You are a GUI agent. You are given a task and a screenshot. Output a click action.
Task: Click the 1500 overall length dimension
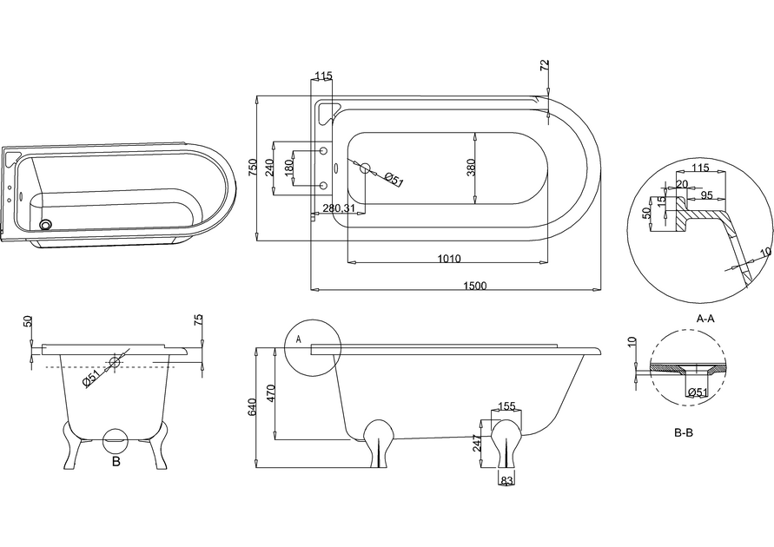474,286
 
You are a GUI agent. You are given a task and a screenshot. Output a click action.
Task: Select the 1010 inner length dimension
449,259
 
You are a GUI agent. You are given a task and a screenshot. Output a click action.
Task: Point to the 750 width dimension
253,168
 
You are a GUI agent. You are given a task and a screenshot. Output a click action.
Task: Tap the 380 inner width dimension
471,168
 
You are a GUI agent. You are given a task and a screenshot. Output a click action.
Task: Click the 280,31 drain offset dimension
339,208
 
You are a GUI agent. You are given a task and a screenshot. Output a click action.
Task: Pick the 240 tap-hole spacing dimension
269,168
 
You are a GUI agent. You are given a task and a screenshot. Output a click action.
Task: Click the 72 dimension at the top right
545,66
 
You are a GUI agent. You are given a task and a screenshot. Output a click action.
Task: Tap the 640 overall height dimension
252,406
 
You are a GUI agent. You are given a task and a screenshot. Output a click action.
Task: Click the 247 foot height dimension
477,443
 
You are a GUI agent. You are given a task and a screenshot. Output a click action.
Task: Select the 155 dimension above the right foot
506,406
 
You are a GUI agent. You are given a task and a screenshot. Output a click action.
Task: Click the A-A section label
705,319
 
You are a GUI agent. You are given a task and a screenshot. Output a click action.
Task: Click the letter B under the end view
116,462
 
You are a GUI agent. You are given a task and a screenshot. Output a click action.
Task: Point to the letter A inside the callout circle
298,339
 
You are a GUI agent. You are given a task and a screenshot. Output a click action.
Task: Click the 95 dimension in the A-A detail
706,194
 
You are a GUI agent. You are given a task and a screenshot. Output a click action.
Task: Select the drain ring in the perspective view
45,225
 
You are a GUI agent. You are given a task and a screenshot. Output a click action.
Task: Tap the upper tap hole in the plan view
324,150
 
